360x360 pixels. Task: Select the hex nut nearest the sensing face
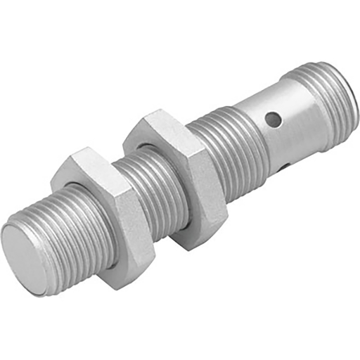[105, 211]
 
